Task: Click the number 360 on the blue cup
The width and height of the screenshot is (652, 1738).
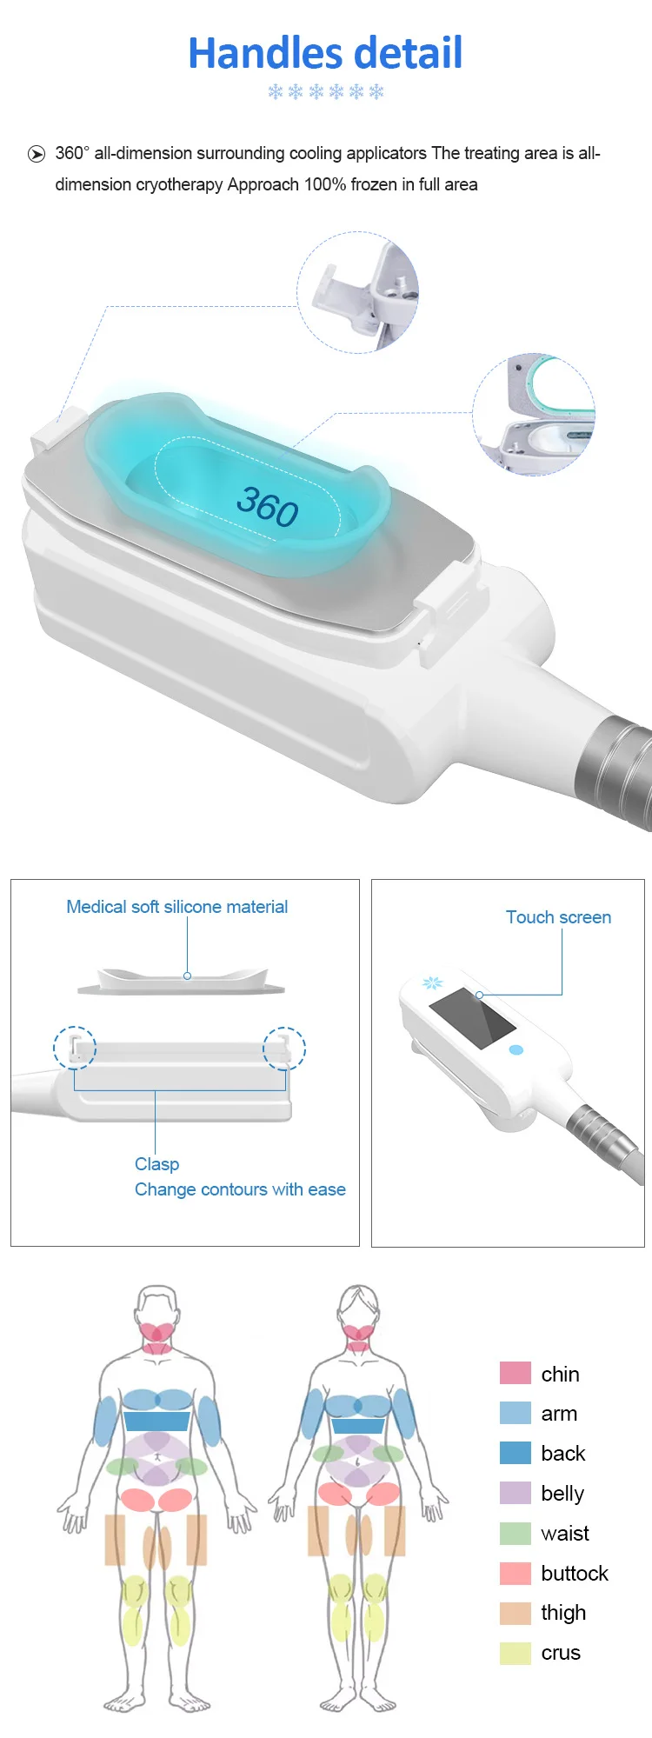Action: pyautogui.click(x=268, y=506)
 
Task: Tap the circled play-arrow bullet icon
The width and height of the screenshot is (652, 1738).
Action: pyautogui.click(x=37, y=154)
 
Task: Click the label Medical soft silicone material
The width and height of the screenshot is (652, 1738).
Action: pyautogui.click(x=176, y=907)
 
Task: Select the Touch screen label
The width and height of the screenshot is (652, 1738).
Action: pyautogui.click(x=558, y=917)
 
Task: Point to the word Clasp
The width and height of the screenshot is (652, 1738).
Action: pyautogui.click(x=156, y=1163)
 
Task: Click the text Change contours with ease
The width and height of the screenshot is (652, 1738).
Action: pyautogui.click(x=240, y=1189)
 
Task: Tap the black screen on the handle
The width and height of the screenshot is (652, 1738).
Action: pyautogui.click(x=473, y=1017)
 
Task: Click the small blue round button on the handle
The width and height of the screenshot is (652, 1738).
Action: pyautogui.click(x=516, y=1049)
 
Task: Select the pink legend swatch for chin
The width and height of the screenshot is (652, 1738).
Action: pyautogui.click(x=515, y=1373)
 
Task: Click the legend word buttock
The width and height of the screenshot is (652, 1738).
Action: pyautogui.click(x=574, y=1573)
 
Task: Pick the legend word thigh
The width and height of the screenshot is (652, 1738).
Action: pyautogui.click(x=563, y=1613)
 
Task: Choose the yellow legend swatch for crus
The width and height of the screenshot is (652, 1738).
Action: pyautogui.click(x=515, y=1653)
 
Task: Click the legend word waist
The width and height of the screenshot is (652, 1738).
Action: pyautogui.click(x=564, y=1533)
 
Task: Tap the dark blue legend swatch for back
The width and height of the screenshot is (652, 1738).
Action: pyautogui.click(x=515, y=1453)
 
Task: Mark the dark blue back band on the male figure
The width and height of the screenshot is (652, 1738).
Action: pyautogui.click(x=156, y=1422)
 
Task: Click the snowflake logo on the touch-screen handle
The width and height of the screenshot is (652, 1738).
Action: pyautogui.click(x=432, y=983)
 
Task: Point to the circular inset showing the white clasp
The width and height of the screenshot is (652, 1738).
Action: pyautogui.click(x=358, y=292)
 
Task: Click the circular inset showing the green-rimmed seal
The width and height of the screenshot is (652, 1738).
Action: pyautogui.click(x=534, y=414)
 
